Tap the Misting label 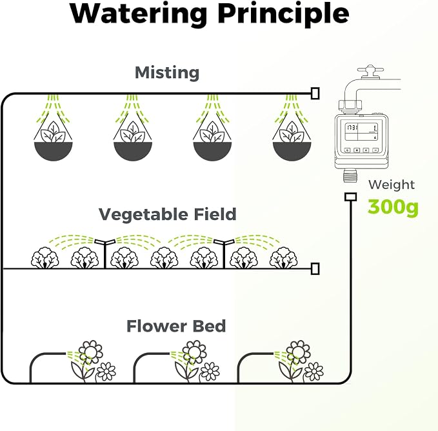(167, 73)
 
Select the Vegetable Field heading (168, 214)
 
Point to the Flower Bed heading (176, 326)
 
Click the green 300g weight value (393, 207)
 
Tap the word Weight (392, 185)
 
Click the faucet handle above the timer (370, 71)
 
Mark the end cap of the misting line (315, 94)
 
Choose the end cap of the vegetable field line (315, 268)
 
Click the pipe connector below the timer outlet (350, 197)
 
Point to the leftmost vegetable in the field (45, 257)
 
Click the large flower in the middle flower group (194, 352)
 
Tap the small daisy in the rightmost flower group (314, 371)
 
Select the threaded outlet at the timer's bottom (350, 175)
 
